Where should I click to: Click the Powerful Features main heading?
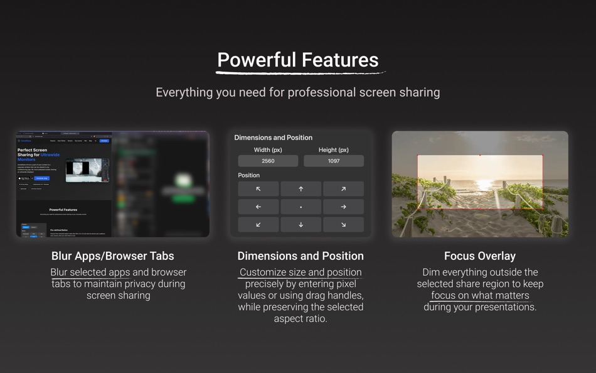pos(297,60)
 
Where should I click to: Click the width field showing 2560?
pos(268,161)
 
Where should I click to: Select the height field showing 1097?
pos(334,161)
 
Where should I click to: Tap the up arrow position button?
pos(301,189)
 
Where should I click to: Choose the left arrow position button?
pos(258,207)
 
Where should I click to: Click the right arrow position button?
pos(343,207)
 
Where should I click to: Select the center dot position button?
pos(301,207)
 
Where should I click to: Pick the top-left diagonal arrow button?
pos(258,189)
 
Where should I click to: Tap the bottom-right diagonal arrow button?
pos(343,224)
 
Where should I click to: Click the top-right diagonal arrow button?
pos(343,189)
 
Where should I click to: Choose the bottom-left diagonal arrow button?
pos(258,224)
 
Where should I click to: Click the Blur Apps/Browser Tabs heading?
pos(113,256)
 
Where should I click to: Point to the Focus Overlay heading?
pos(479,256)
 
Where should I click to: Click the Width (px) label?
pos(268,150)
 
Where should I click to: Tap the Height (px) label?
pos(334,150)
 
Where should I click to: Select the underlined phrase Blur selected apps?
pos(90,273)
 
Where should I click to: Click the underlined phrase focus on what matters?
pos(480,296)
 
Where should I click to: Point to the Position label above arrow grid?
pos(248,175)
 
